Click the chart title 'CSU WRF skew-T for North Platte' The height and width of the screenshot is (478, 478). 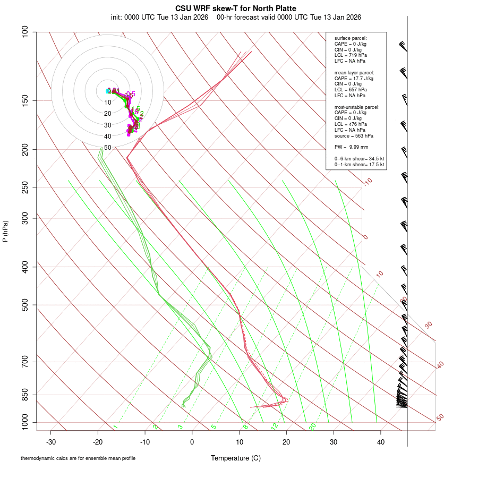(236, 8)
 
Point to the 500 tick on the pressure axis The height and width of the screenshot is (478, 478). (25, 305)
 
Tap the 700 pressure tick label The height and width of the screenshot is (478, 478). (25, 362)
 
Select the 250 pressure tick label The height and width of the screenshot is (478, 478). (25, 187)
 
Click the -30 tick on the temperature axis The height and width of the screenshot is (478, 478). (51, 442)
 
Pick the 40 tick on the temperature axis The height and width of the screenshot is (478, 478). (380, 442)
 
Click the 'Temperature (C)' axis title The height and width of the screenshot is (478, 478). (235, 458)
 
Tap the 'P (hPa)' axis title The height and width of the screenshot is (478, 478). (5, 231)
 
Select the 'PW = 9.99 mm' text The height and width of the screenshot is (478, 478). (351, 147)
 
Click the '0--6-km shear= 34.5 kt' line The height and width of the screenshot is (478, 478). (359, 158)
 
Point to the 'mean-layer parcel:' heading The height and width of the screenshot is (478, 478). (354, 72)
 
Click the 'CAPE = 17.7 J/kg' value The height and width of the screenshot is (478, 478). (354, 78)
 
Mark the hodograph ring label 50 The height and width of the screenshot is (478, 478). (107, 147)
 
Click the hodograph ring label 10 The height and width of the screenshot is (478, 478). (107, 103)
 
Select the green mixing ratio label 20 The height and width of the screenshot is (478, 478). (312, 426)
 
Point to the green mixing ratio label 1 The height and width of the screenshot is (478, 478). (115, 427)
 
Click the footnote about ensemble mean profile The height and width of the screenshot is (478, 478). (78, 458)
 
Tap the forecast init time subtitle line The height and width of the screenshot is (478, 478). (236, 17)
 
